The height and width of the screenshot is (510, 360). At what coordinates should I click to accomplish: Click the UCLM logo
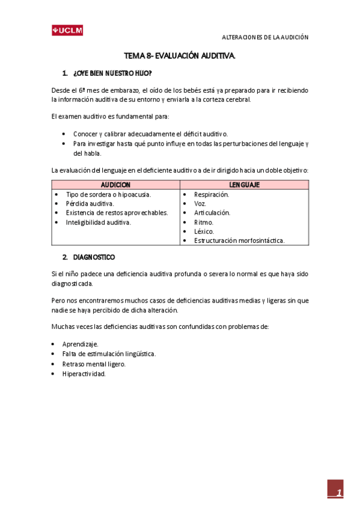click(x=67, y=31)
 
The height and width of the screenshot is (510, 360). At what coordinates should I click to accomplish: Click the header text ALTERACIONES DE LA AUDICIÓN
click(x=265, y=37)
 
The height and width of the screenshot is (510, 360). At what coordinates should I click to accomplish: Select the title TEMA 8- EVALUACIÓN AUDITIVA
click(x=180, y=55)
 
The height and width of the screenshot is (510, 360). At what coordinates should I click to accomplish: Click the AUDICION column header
click(x=115, y=185)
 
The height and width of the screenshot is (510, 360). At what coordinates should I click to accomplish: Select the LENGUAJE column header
click(x=244, y=185)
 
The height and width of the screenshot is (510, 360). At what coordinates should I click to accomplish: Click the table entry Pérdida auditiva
click(x=90, y=203)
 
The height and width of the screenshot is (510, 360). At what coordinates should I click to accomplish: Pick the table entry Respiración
click(x=212, y=194)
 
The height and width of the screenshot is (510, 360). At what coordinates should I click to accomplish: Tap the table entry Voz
click(x=200, y=203)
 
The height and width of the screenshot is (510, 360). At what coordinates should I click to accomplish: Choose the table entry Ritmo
click(x=204, y=222)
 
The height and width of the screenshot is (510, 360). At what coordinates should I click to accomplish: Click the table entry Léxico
click(x=204, y=231)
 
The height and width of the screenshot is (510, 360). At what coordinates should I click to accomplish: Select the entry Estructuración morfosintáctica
click(x=239, y=240)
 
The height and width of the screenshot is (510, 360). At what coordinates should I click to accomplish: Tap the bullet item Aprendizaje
click(x=81, y=344)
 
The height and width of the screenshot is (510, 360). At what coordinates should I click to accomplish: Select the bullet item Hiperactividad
click(x=84, y=373)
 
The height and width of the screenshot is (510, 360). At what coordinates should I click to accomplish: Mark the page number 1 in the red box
click(x=338, y=493)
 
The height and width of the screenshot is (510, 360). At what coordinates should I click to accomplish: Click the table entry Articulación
click(x=212, y=212)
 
